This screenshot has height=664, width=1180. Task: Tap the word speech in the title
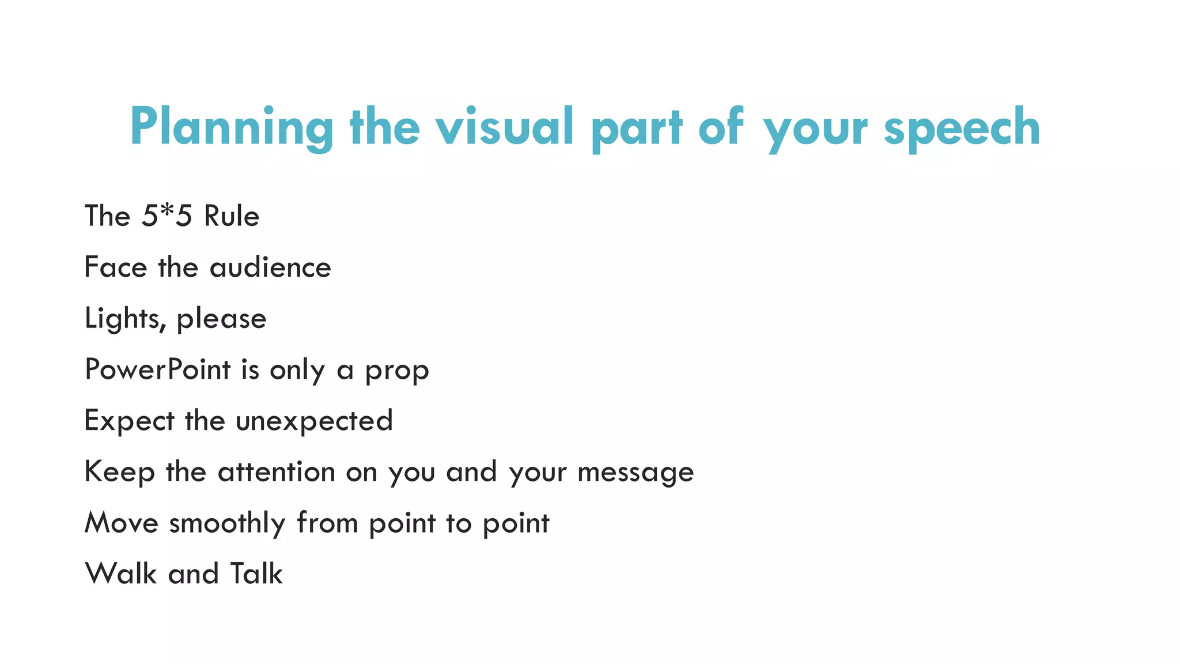(962, 127)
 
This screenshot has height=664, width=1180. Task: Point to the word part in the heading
(637, 127)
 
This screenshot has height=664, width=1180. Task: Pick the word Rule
(232, 216)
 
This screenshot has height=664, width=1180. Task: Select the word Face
(116, 267)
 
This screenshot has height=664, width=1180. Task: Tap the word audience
(270, 267)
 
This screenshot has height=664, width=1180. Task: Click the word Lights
(122, 319)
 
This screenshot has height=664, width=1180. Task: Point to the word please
(221, 319)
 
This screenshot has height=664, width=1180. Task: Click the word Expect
(129, 421)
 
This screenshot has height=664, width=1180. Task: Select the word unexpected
(315, 421)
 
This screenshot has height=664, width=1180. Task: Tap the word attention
(277, 471)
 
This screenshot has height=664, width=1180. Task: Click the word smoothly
(227, 523)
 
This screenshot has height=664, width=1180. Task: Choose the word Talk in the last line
(256, 574)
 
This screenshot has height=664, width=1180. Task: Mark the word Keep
(120, 471)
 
